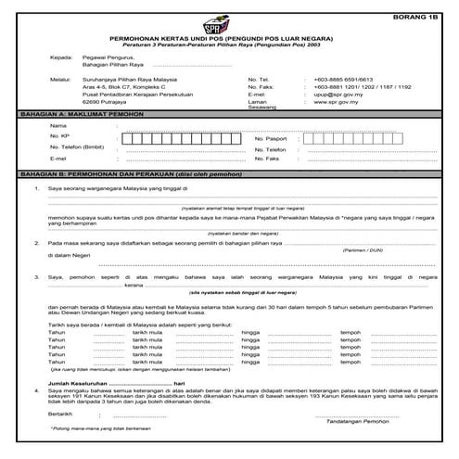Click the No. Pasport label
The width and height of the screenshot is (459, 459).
click(x=273, y=138)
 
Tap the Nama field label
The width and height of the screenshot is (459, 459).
click(x=57, y=125)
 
